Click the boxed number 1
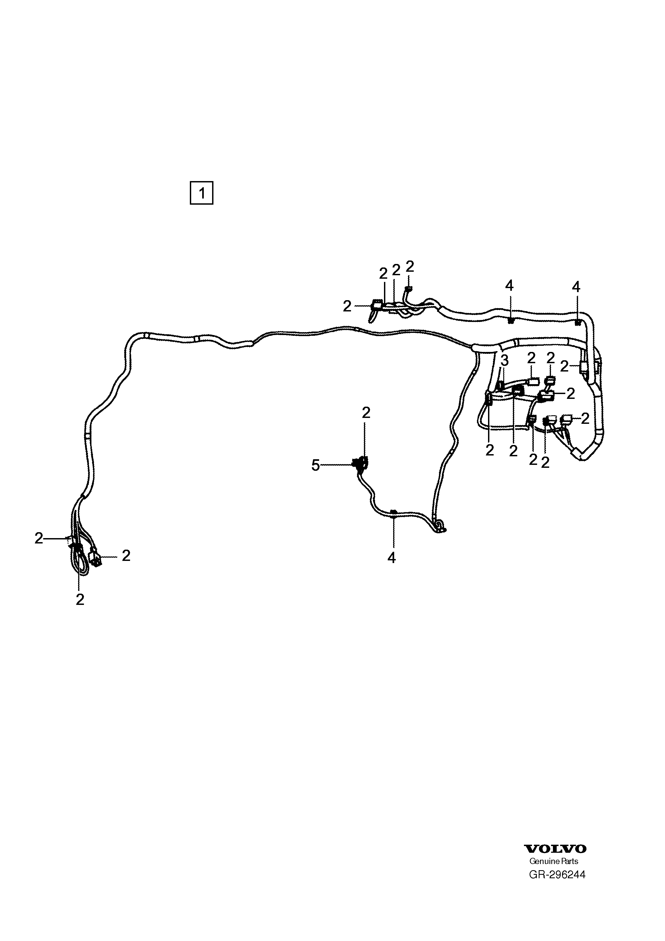tap(202, 193)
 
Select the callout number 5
tap(316, 465)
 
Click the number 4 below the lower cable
tap(392, 558)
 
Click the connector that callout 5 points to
tap(360, 464)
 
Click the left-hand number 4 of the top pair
tap(509, 286)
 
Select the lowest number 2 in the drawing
tap(80, 600)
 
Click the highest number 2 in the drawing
tap(410, 266)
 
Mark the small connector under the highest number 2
tap(408, 290)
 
